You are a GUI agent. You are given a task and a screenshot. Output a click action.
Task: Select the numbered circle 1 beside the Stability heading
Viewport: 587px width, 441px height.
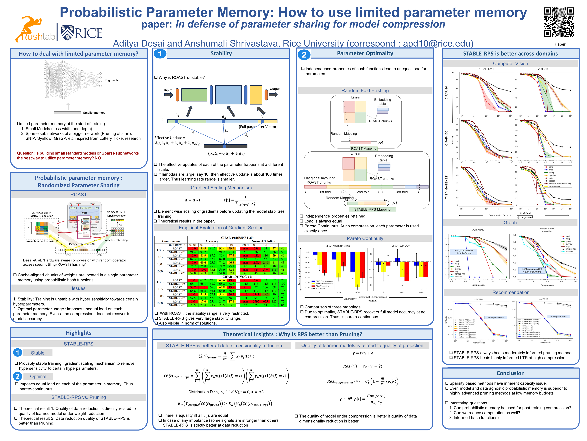tap(160, 54)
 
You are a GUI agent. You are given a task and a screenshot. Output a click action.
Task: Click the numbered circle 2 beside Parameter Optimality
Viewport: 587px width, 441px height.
tap(304, 55)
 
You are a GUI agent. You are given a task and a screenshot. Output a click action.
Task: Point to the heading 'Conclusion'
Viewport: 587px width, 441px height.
tap(510, 373)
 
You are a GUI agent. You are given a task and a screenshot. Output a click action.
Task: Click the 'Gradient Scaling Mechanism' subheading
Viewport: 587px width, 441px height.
tap(221, 188)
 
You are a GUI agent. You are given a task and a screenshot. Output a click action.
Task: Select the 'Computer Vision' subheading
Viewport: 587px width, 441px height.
tap(510, 64)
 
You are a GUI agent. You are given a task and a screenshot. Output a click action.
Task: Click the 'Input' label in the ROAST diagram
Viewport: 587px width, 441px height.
tap(168, 90)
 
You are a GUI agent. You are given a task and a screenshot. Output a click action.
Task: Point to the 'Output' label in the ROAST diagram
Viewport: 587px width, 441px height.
tap(275, 89)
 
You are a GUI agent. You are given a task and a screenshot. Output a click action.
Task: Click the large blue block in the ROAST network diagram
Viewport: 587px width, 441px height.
tap(228, 95)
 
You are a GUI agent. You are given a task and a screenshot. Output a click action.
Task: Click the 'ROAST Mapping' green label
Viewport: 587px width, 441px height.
tap(364, 149)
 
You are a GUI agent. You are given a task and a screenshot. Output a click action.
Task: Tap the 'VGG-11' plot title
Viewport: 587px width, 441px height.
tap(543, 69)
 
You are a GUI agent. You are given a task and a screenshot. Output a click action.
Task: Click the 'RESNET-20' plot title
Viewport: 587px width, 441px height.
tap(485, 69)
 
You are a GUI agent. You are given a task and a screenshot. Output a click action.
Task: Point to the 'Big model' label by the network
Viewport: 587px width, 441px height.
tap(112, 80)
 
